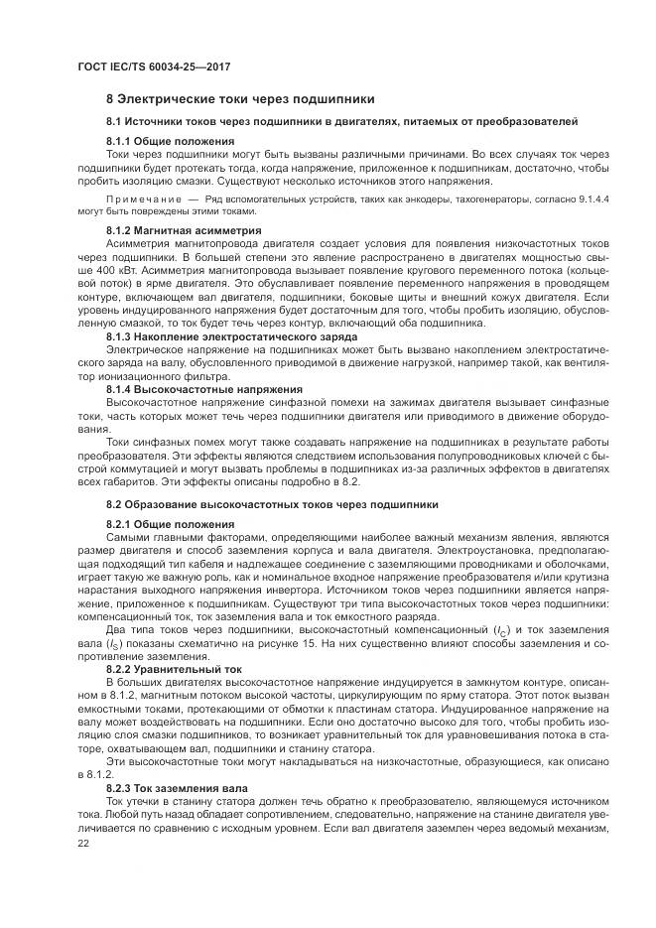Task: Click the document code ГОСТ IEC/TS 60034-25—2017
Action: (146, 66)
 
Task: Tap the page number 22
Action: (82, 842)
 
